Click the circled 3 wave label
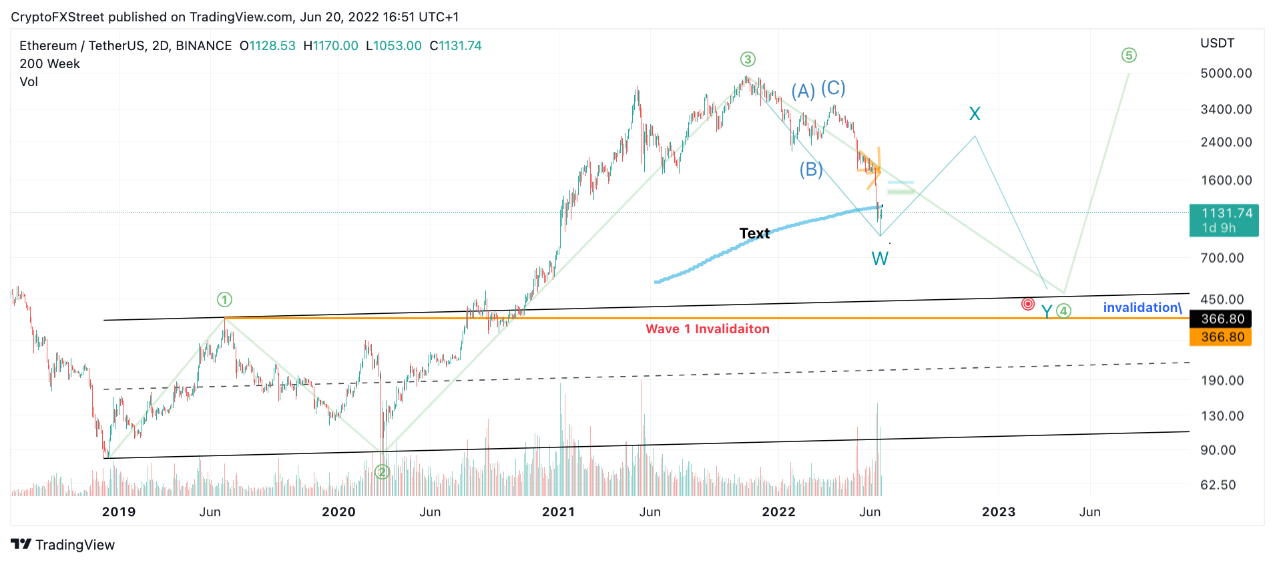click(x=748, y=59)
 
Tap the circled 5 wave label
click(x=1129, y=55)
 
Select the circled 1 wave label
click(x=224, y=300)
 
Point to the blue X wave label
click(x=975, y=114)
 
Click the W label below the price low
click(x=880, y=258)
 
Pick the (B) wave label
click(x=811, y=170)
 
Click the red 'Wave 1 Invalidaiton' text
click(x=708, y=329)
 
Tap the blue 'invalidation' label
click(x=1142, y=307)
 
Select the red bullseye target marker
click(x=1028, y=305)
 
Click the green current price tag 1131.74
click(x=1224, y=220)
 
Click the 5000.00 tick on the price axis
click(x=1226, y=73)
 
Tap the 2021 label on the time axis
click(x=558, y=512)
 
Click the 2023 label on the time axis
click(x=998, y=512)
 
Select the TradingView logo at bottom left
click(x=63, y=544)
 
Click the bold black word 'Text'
click(x=754, y=233)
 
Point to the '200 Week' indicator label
click(x=49, y=64)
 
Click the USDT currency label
click(x=1217, y=43)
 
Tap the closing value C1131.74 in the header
click(x=455, y=46)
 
